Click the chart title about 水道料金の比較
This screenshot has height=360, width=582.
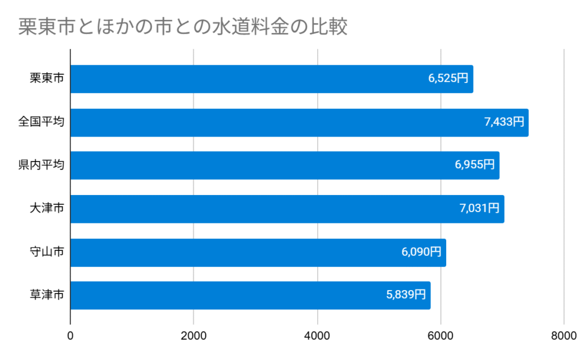pos(182,27)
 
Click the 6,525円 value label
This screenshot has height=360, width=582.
pos(448,79)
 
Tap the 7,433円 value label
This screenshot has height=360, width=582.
pos(504,122)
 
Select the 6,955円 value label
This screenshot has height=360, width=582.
pos(475,165)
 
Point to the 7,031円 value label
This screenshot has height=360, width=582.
pos(479,209)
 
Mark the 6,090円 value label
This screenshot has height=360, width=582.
pos(421,253)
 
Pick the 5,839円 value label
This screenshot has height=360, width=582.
pos(406,296)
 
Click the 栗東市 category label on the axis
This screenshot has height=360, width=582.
pos(47,79)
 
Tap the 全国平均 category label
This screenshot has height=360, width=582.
pos(41,122)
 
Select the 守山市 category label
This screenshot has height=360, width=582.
pos(47,253)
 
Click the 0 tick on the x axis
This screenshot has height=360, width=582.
pos(70,336)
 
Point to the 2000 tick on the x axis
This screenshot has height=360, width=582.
pos(194,336)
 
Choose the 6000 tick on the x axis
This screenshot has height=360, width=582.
pos(440,336)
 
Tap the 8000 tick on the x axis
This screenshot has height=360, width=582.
pos(564,336)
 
